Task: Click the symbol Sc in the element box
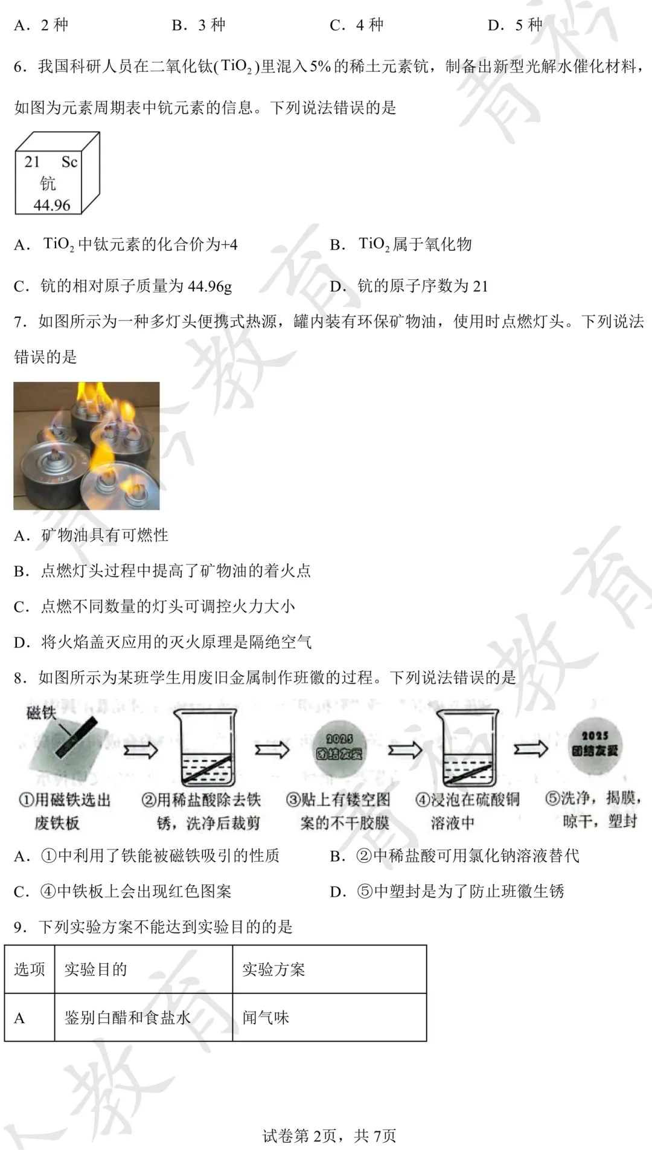point(69,162)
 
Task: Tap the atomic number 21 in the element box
point(32,162)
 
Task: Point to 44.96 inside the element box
point(52,205)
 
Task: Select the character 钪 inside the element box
point(48,183)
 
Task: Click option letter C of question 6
point(21,286)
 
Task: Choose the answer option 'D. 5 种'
point(515,25)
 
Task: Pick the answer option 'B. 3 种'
point(199,25)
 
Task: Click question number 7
point(21,321)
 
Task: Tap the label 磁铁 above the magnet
point(41,714)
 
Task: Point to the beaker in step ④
point(468,748)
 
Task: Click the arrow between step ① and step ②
point(141,751)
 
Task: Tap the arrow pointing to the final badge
point(531,749)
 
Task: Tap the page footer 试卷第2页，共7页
point(329,1136)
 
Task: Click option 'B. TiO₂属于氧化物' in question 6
point(401,245)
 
